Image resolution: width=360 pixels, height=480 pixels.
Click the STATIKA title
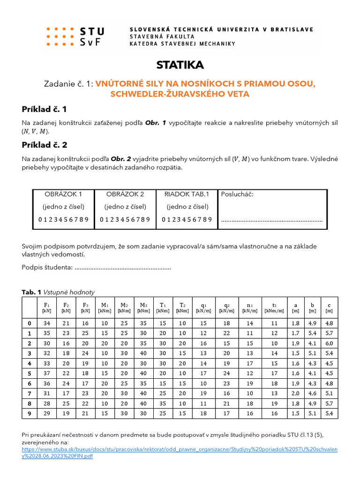(180, 65)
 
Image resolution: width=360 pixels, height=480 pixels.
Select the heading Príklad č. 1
(45, 109)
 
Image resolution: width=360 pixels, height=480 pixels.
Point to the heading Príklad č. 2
(45, 145)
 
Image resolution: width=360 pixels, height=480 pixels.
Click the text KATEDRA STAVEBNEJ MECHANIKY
(182, 44)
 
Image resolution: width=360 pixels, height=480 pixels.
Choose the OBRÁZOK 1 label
(63, 194)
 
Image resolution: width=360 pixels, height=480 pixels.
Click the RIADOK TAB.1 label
(187, 194)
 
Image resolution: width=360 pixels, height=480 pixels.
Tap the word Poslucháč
(237, 194)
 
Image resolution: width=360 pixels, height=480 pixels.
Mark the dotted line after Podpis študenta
(123, 268)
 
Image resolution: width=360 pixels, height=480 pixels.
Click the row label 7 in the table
(30, 393)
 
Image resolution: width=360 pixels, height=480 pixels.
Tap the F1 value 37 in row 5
(47, 374)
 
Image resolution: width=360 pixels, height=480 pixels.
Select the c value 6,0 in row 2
(329, 343)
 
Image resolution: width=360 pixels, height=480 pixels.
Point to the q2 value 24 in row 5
(226, 374)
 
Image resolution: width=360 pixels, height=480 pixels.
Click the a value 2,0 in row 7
(295, 393)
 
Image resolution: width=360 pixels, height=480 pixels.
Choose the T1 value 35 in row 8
(163, 404)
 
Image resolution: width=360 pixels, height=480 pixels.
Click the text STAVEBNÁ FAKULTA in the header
(162, 37)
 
